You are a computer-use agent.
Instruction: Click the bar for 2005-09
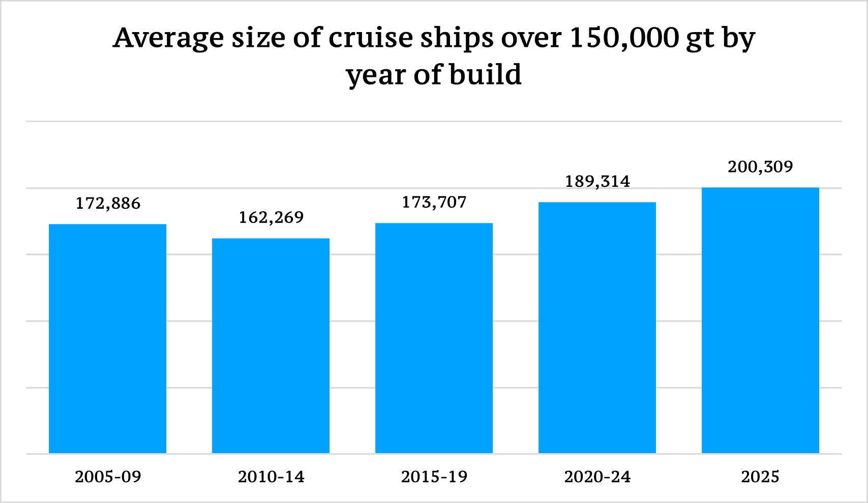click(107, 339)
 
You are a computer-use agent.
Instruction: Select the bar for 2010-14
click(271, 346)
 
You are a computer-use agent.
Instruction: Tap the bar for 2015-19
click(434, 338)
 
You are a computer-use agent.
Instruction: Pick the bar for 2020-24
click(597, 327)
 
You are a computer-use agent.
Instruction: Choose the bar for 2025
click(760, 320)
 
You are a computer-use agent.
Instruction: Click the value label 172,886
click(108, 204)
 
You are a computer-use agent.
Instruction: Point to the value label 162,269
click(271, 218)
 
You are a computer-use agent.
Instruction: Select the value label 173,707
click(434, 203)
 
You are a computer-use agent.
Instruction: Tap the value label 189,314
click(597, 182)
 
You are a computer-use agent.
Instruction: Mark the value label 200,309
click(760, 167)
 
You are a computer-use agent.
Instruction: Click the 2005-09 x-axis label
click(108, 477)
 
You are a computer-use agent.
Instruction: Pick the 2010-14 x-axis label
click(271, 477)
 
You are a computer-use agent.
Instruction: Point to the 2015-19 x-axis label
click(434, 477)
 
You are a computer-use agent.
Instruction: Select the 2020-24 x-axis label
click(597, 477)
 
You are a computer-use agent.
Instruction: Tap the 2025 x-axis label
click(760, 477)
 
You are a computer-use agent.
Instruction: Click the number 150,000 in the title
click(624, 38)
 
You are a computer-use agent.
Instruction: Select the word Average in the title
click(168, 38)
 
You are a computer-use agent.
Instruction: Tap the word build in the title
click(486, 75)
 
